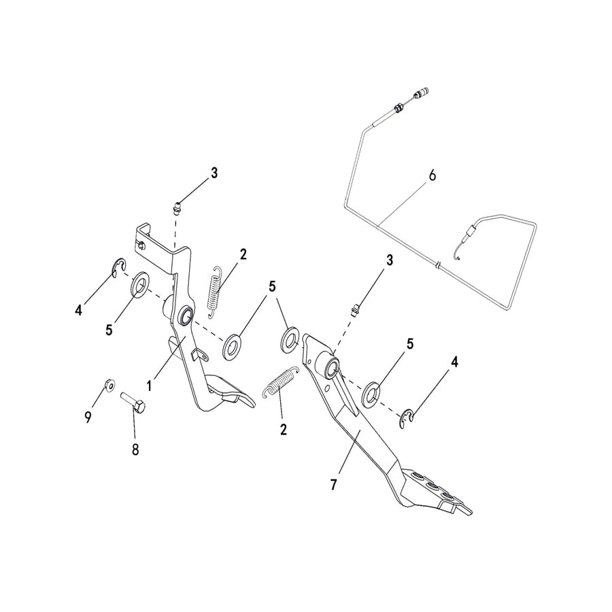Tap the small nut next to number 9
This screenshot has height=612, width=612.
click(109, 386)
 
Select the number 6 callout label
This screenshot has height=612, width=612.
click(431, 175)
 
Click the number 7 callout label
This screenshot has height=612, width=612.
click(333, 484)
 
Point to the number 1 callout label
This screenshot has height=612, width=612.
click(148, 385)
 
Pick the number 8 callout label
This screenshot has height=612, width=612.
click(135, 449)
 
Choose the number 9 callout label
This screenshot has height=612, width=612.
click(88, 418)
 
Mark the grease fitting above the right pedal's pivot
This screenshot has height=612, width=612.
click(354, 310)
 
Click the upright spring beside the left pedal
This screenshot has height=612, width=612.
click(214, 290)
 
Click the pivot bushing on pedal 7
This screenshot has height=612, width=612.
click(330, 366)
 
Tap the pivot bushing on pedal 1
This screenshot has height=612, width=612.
click(183, 316)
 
